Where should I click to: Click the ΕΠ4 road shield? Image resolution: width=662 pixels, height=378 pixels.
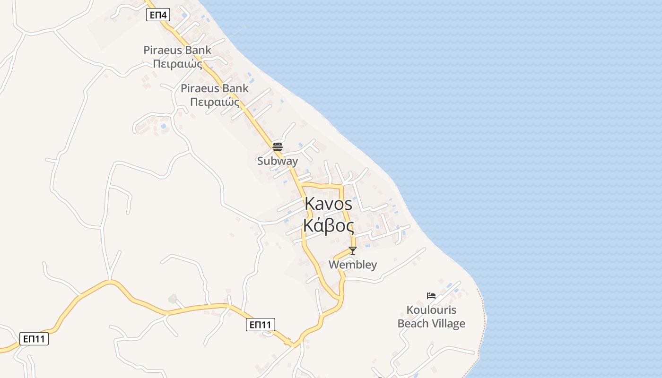pyautogui.click(x=158, y=15)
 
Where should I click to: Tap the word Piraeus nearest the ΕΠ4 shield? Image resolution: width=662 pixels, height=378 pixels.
pyautogui.click(x=164, y=50)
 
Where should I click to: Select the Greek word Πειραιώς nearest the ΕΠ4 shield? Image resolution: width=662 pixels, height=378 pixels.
pyautogui.click(x=178, y=64)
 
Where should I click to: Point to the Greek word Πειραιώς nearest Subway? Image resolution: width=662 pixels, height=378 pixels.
pyautogui.click(x=214, y=102)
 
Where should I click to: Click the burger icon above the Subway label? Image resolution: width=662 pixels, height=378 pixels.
pyautogui.click(x=278, y=146)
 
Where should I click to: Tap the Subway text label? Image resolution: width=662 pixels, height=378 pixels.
pyautogui.click(x=278, y=161)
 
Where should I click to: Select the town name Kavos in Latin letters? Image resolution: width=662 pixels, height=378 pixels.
pyautogui.click(x=329, y=204)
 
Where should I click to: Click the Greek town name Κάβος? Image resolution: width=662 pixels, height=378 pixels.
pyautogui.click(x=329, y=226)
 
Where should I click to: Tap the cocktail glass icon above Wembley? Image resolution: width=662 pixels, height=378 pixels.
pyautogui.click(x=352, y=250)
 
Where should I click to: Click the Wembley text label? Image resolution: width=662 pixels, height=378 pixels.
pyautogui.click(x=353, y=265)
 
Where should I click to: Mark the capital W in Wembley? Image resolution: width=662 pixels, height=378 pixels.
pyautogui.click(x=334, y=265)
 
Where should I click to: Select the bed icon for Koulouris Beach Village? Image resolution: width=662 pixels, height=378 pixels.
pyautogui.click(x=431, y=296)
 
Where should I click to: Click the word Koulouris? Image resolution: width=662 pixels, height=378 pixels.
pyautogui.click(x=431, y=310)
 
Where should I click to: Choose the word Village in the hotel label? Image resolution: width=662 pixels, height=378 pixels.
pyautogui.click(x=448, y=324)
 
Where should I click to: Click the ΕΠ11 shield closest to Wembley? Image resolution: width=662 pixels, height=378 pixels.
pyautogui.click(x=261, y=325)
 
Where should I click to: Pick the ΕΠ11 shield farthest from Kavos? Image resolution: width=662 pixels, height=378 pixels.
pyautogui.click(x=34, y=339)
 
